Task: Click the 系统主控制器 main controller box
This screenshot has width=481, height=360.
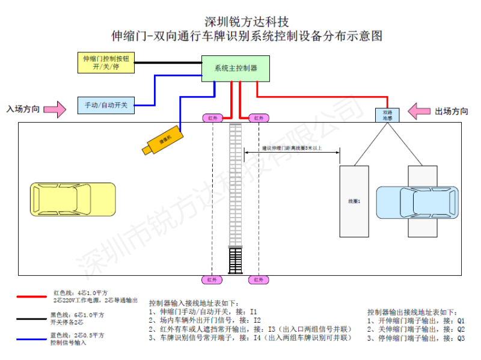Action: coord(235,68)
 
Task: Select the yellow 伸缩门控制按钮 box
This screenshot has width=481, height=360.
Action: coord(106,63)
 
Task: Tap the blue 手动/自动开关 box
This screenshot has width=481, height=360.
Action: coord(106,105)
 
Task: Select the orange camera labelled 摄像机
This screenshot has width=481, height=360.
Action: coord(161,141)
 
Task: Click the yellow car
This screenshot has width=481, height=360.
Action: coord(73,200)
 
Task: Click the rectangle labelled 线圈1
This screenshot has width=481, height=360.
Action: coord(354,201)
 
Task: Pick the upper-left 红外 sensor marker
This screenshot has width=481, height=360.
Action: coord(213,118)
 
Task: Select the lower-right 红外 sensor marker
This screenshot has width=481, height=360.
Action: coord(259,279)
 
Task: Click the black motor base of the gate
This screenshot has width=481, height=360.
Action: coord(235,261)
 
